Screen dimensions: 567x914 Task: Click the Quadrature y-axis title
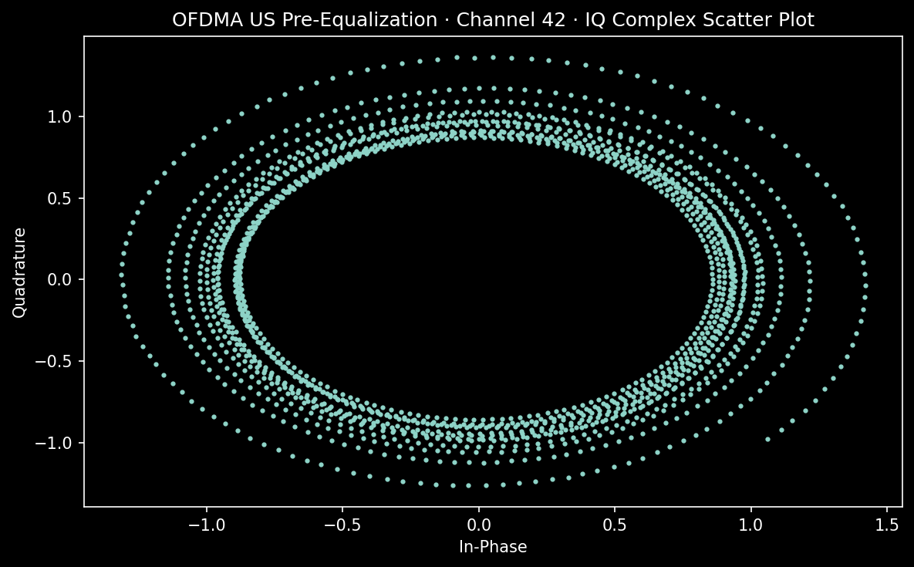point(20,272)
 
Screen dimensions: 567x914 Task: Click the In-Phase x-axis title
point(493,547)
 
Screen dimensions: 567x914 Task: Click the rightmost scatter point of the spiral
point(865,274)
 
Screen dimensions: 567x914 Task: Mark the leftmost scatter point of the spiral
point(121,275)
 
